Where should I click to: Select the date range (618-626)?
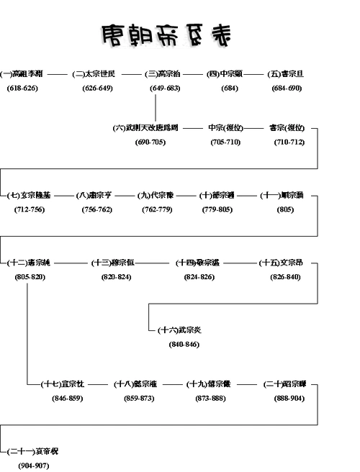(22, 88)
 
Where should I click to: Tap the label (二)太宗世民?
(99, 73)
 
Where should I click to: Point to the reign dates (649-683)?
(165, 88)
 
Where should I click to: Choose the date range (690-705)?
(150, 142)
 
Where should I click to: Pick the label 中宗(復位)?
(224, 128)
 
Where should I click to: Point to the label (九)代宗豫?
(156, 195)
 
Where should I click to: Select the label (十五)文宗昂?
(284, 263)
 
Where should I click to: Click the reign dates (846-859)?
(66, 398)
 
